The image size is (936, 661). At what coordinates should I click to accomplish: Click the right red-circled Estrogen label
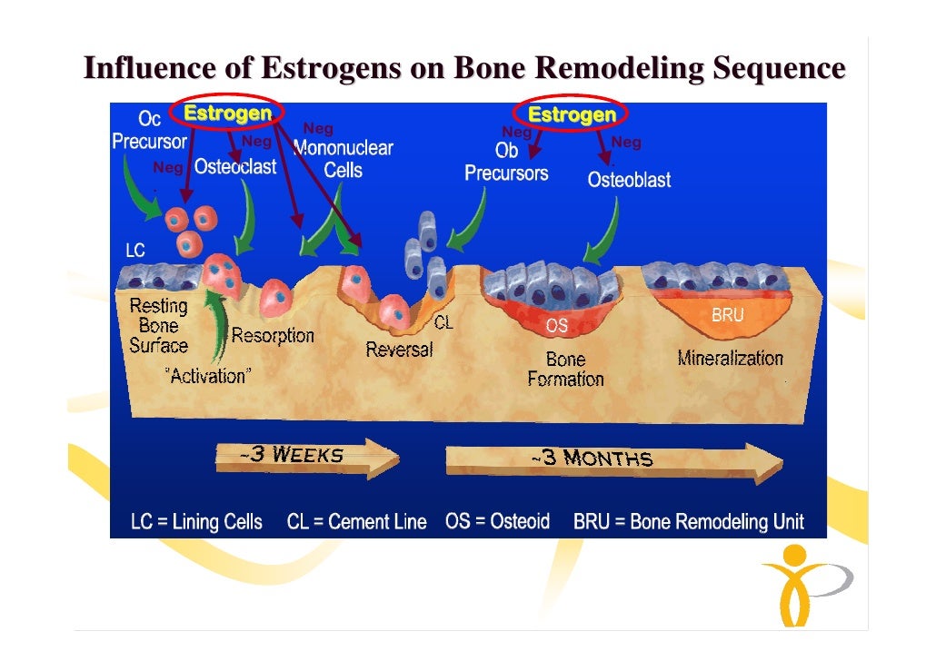572,115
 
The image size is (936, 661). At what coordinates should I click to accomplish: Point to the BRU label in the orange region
727,316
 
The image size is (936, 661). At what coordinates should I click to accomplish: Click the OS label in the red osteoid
557,325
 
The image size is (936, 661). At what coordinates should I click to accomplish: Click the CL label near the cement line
443,322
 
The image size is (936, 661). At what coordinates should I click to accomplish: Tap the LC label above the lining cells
135,249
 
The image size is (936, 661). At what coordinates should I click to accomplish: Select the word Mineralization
730,358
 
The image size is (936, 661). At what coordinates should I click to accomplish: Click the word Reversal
399,350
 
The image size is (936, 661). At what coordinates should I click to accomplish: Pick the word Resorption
273,335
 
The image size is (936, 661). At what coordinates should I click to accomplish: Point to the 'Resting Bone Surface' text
158,326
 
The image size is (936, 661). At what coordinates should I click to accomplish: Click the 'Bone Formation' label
565,370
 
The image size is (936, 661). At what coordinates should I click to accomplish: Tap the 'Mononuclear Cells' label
344,159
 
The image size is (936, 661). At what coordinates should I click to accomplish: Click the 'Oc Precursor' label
149,131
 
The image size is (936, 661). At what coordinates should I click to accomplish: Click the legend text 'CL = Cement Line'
356,522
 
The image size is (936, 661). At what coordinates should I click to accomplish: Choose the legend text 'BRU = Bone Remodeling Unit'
688,522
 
